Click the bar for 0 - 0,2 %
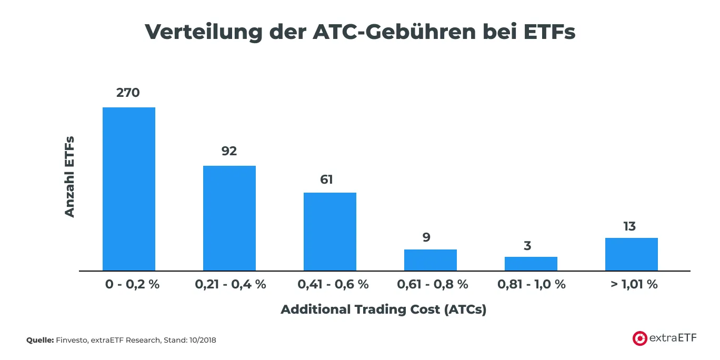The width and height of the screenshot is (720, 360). click(x=129, y=189)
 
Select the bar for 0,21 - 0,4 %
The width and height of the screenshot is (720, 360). click(x=229, y=218)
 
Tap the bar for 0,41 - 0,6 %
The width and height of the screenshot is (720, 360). click(x=330, y=232)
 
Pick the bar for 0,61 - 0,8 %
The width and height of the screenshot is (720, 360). click(x=431, y=260)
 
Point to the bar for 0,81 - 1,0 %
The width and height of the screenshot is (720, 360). click(x=531, y=264)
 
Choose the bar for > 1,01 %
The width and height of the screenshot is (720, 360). click(x=632, y=254)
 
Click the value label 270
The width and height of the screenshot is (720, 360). click(x=128, y=93)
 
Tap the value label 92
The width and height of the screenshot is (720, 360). click(x=229, y=151)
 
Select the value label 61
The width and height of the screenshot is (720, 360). click(x=327, y=179)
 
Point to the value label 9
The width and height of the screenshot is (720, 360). click(x=426, y=237)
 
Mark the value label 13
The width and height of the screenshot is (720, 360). click(x=629, y=226)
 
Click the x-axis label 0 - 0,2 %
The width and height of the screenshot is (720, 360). click(x=132, y=285)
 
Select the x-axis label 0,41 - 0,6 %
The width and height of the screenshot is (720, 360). click(x=333, y=285)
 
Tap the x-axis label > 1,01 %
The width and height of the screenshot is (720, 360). click(x=634, y=285)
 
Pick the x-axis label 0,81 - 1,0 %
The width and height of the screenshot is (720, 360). click(x=532, y=285)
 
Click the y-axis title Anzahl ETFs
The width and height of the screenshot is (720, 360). click(x=69, y=177)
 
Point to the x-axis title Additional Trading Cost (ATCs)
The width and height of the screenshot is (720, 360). click(x=384, y=309)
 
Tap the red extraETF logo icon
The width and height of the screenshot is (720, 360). click(x=640, y=338)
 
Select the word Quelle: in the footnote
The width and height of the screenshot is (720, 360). click(x=40, y=341)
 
